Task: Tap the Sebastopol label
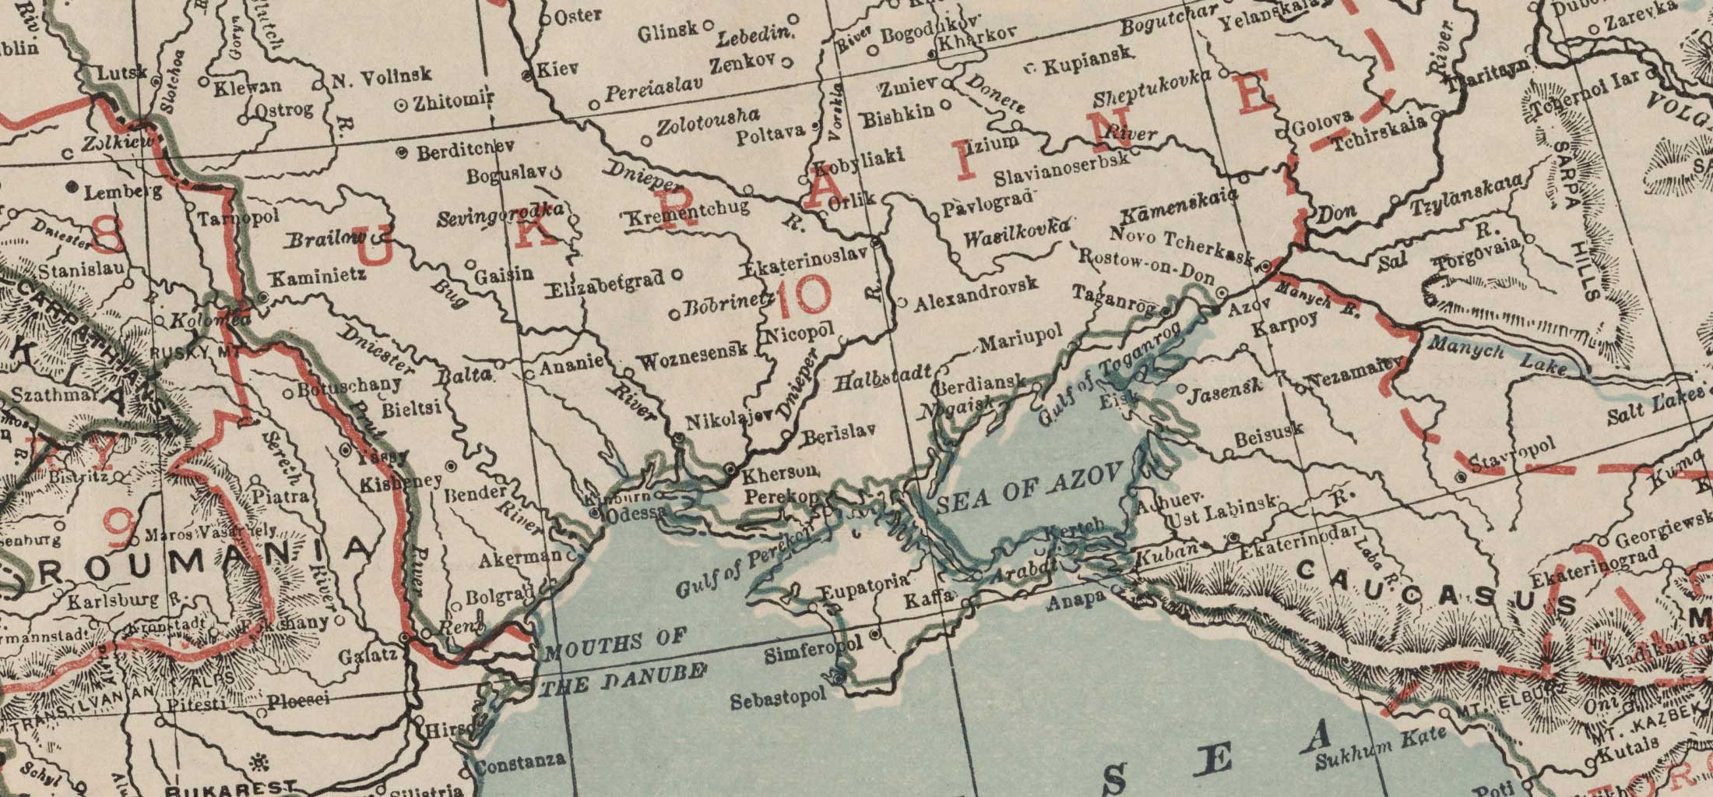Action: tap(777, 698)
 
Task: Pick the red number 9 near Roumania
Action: tap(121, 530)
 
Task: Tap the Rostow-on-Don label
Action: tap(1146, 265)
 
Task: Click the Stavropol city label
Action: tap(1511, 453)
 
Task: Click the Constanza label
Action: tap(520, 760)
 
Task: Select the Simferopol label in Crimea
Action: tap(814, 650)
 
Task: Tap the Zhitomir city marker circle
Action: tap(402, 104)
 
